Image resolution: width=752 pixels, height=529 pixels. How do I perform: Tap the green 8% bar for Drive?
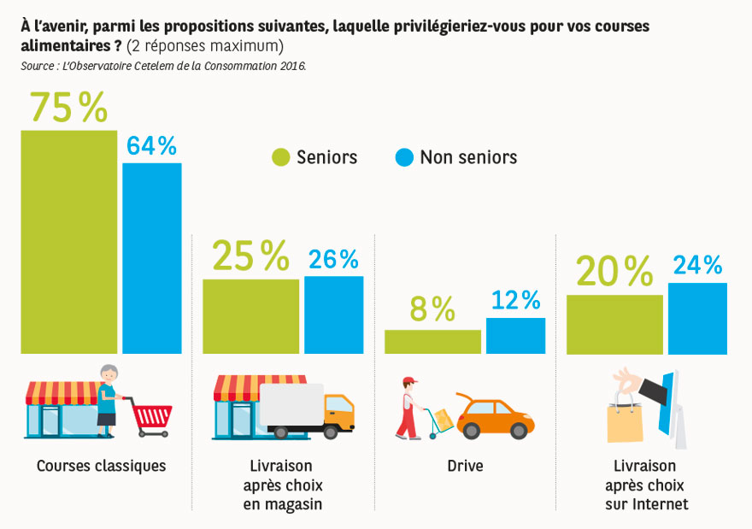tap(432, 341)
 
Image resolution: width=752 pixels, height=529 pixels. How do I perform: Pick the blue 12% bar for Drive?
tap(515, 335)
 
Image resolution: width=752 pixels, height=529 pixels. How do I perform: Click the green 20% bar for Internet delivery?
tap(614, 324)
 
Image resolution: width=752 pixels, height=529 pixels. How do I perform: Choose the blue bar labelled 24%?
tap(697, 318)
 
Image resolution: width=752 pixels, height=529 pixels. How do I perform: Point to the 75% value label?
tap(68, 108)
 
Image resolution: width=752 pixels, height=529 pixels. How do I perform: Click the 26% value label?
tap(334, 259)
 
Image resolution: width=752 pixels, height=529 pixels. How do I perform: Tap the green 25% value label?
tap(250, 256)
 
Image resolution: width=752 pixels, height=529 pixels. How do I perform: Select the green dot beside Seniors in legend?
tap(281, 157)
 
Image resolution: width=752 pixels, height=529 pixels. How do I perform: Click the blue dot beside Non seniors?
tap(404, 157)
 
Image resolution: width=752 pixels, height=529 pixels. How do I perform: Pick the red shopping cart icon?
tap(152, 416)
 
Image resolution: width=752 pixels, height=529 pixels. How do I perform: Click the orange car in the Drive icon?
tap(496, 417)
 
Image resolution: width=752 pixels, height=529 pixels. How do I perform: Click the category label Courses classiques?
tap(101, 467)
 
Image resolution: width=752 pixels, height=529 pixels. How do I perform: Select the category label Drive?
tap(465, 467)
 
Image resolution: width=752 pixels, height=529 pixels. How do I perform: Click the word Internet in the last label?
tap(659, 504)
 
